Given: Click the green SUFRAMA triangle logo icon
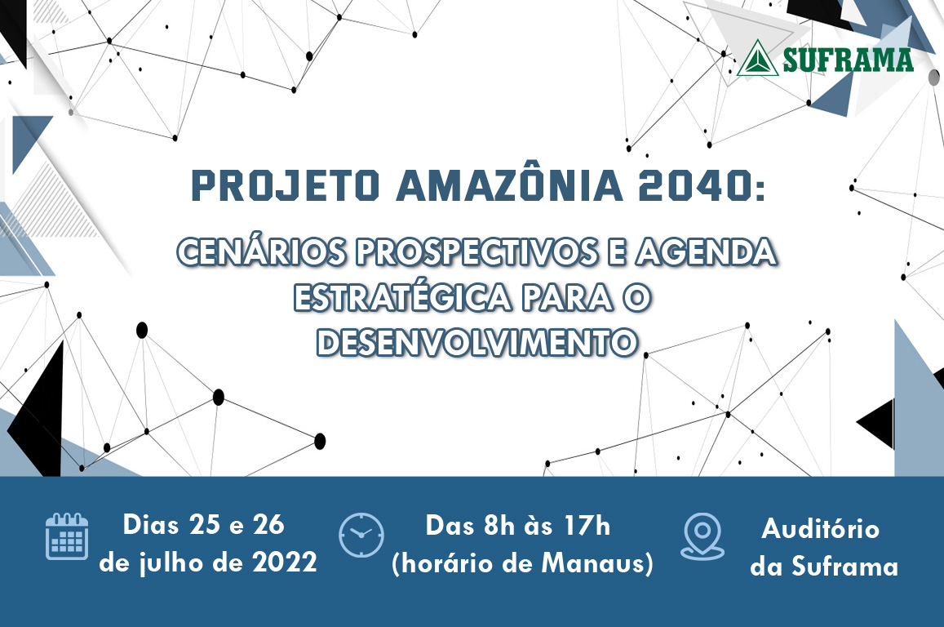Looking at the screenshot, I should pos(757,59).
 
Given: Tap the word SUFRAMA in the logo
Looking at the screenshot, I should pos(847,60).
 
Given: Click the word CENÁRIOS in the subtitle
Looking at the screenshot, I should pos(258,253).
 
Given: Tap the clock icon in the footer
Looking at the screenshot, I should pos(361,536).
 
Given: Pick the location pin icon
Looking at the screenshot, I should pos(702,536).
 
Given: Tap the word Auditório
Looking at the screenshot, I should pos(821,529).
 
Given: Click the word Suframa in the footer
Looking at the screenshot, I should pos(844,567).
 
